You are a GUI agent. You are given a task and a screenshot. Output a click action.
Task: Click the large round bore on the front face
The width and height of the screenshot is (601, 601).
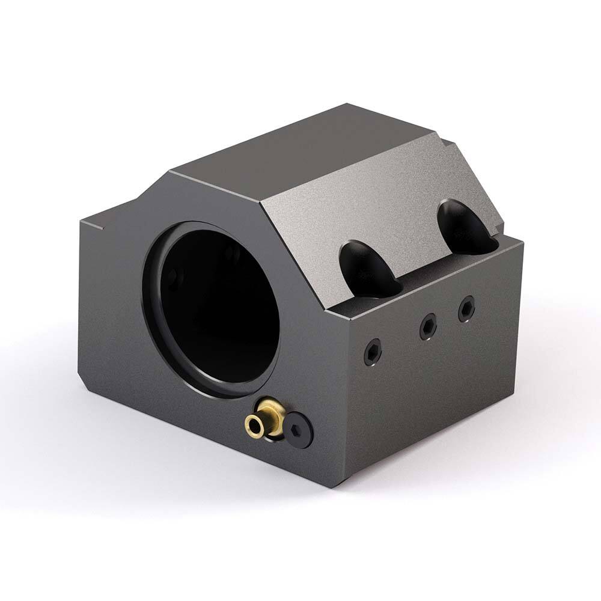click(x=216, y=307)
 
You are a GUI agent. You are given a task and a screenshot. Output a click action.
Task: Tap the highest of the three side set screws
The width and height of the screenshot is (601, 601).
click(x=466, y=309)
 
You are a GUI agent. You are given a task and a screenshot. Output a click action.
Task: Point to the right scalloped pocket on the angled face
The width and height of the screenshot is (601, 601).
click(x=466, y=227)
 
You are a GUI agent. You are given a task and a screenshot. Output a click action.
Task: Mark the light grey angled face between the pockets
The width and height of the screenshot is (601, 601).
click(x=385, y=204)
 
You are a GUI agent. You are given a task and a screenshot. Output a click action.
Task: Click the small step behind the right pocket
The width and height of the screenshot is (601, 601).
click(x=448, y=144)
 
